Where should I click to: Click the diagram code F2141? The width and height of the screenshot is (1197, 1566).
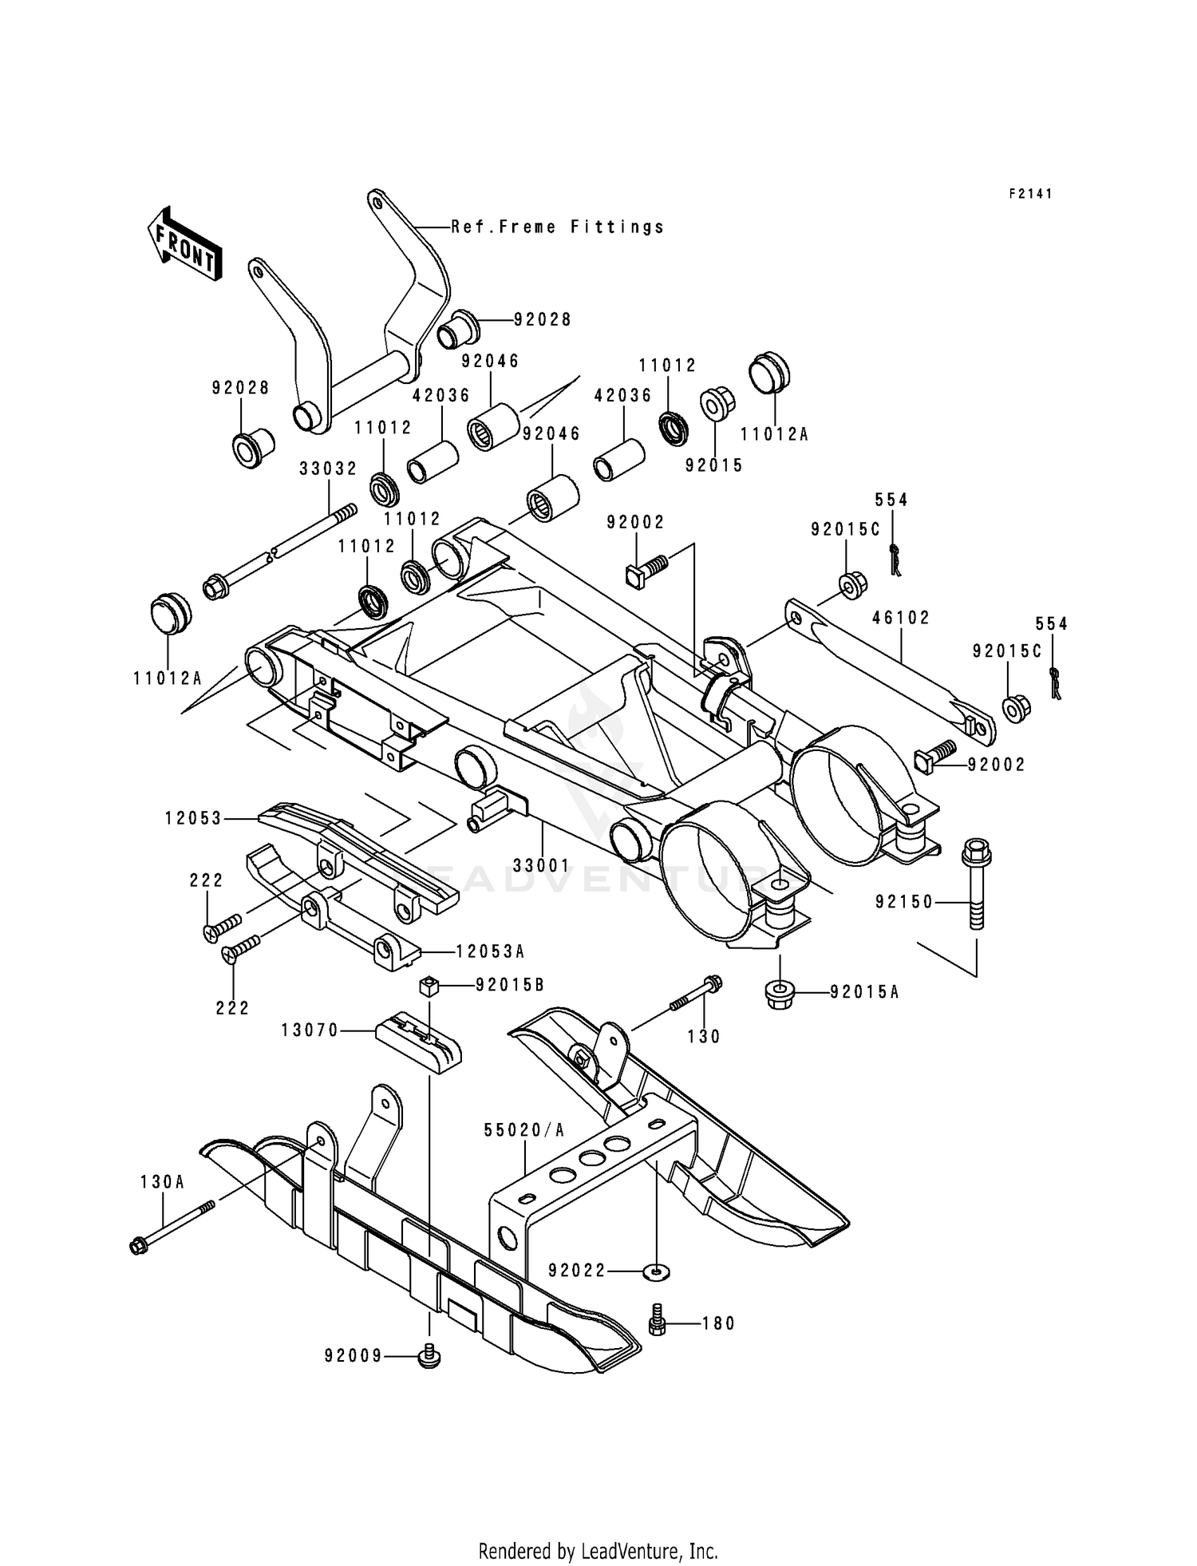coord(1030,194)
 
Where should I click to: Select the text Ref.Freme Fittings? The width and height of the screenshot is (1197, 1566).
coord(558,227)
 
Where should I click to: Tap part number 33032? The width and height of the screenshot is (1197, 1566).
coord(328,469)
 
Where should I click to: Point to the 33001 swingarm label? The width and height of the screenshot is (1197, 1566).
coord(541,865)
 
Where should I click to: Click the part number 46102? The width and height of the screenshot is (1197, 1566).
coord(901,618)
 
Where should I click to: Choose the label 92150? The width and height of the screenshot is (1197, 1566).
coord(903,903)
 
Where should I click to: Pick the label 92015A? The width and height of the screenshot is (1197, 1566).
coord(864,992)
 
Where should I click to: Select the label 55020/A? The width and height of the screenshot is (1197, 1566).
coord(524,1130)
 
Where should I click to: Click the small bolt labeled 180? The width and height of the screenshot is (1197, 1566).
coord(658,1322)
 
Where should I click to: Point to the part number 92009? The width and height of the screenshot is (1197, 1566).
coord(354,1356)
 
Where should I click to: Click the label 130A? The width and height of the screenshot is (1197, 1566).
coord(162,1182)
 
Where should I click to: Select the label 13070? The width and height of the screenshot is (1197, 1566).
coord(310,1031)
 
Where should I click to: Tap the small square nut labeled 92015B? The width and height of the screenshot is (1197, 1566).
coord(431,986)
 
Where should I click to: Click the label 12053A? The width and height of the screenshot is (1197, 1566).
coord(490,952)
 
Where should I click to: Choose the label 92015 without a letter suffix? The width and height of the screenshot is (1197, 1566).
coord(713,465)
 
